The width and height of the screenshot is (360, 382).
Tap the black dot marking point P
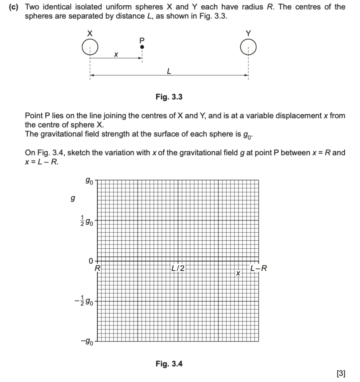point(142,47)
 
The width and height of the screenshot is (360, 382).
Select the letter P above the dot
point(142,40)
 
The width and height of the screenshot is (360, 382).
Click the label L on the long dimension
point(169,71)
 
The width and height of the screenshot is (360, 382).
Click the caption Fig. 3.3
point(169,97)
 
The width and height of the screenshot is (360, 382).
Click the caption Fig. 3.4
point(169,364)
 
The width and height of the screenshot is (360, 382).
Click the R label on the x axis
point(97,268)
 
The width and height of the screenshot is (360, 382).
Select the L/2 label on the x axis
point(178,268)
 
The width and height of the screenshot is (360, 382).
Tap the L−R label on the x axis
point(258,268)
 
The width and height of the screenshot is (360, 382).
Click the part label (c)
point(15,7)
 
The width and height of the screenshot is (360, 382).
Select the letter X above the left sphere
point(89,34)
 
